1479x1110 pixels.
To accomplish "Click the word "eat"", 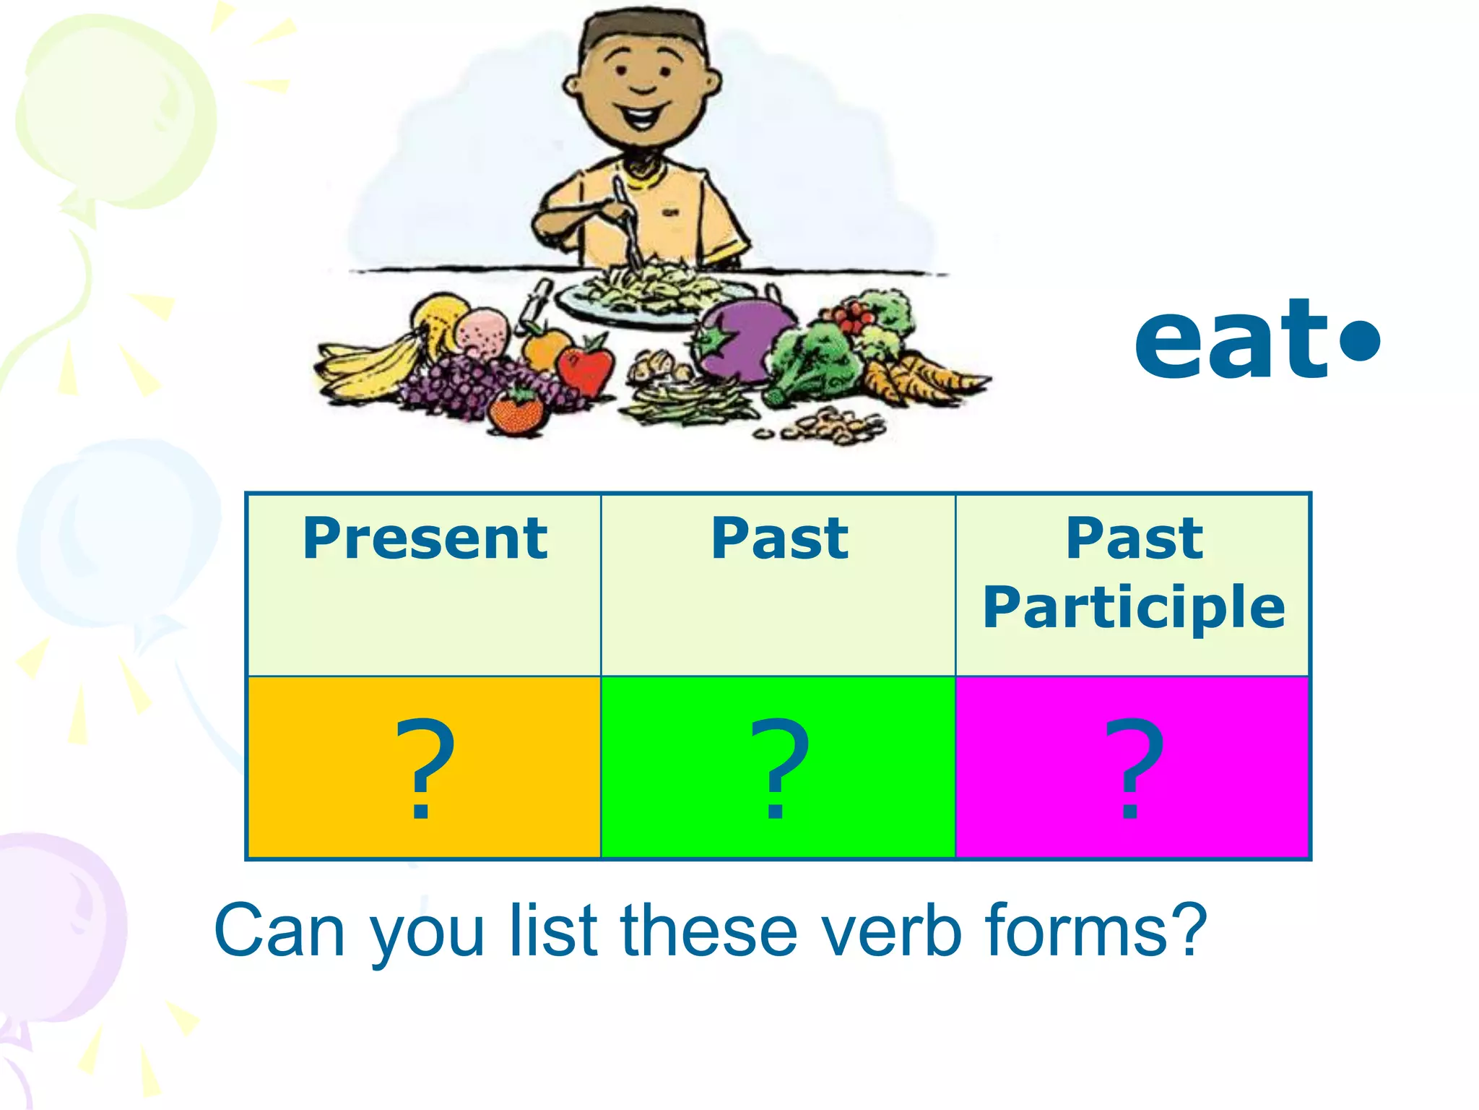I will pyautogui.click(x=1231, y=341).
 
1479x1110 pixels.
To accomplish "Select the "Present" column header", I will pyautogui.click(x=425, y=538).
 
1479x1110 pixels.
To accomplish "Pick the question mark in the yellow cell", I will pyautogui.click(x=424, y=767).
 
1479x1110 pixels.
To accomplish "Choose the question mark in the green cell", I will pyautogui.click(x=778, y=767).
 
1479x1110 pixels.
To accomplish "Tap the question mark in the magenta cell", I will pyautogui.click(x=1133, y=767).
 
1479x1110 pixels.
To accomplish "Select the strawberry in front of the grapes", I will pyautogui.click(x=516, y=410).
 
